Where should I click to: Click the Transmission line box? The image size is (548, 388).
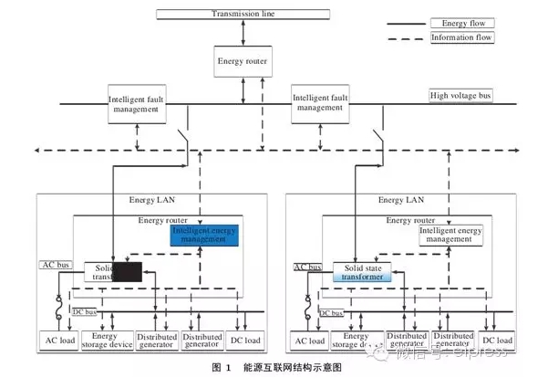[243, 14]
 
